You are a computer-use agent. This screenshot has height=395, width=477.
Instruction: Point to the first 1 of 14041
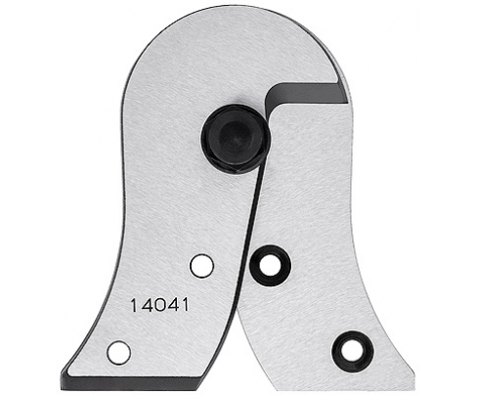pos(133,305)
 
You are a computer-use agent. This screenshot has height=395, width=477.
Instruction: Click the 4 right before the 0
pos(145,305)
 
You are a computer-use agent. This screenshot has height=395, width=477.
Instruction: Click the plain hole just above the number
pos(200,265)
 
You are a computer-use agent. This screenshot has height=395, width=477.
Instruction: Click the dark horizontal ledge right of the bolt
pos(313,95)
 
